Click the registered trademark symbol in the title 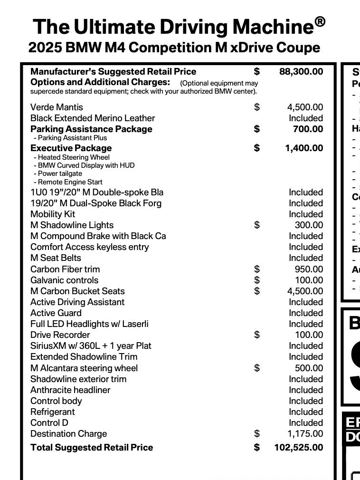pos(320,22)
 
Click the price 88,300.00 pos(301,72)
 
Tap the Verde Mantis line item pos(57,107)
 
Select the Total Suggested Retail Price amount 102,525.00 pos(298,448)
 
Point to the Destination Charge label pos(68,434)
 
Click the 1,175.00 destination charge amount pos(305,434)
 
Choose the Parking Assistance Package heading pos(91,129)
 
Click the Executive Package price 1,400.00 pos(304,148)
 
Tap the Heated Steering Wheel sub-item pos(72,157)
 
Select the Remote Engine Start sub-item pos(68,182)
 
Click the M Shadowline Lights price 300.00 pos(309,225)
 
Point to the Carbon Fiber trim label pos(65,269)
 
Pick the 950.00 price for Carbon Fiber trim pos(309,269)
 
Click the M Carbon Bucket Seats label pos(77,291)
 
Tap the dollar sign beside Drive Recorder pos(257,335)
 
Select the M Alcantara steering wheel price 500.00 pos(309,368)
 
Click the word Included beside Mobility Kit pos(306,214)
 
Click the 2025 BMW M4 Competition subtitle pos(174,48)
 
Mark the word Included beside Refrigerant pos(306,412)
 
